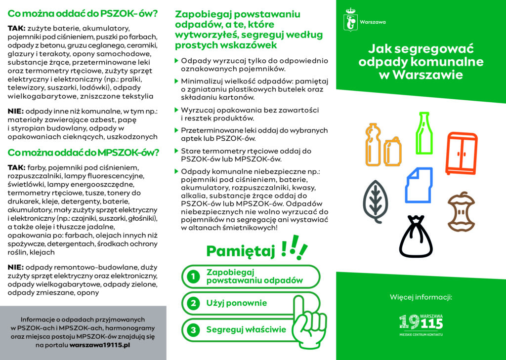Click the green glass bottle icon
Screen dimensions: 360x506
422,126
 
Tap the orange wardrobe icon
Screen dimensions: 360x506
462,153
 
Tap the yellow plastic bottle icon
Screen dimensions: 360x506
373,145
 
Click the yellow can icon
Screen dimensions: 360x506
392,151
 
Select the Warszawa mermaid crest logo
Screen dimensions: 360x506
351,21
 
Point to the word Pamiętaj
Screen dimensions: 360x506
240,251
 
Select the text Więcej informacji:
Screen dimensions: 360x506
421,297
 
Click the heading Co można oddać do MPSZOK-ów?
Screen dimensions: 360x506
83,152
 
